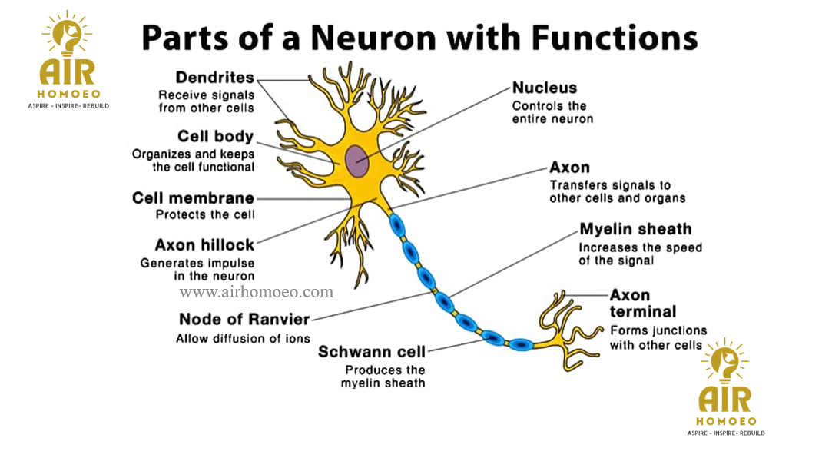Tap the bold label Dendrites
tap(215, 78)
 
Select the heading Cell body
tap(215, 137)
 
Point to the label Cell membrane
tap(193, 198)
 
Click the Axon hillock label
tap(204, 245)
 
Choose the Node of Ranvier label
tap(244, 319)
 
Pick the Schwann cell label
tap(372, 352)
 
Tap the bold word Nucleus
tap(545, 88)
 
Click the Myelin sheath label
tap(635, 229)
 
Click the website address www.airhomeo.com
tap(257, 292)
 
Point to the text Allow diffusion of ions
tap(243, 338)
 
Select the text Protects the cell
tap(205, 214)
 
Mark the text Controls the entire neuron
tap(552, 112)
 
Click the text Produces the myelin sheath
tap(383, 376)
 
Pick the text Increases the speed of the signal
tap(640, 254)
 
